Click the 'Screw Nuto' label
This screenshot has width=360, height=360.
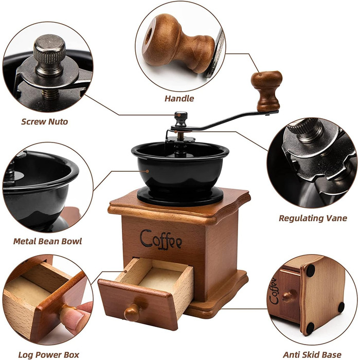tap(45, 121)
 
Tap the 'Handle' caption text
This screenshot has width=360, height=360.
tap(179, 99)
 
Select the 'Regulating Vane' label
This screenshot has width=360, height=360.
tap(313, 218)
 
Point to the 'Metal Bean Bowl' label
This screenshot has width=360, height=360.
tap(47, 241)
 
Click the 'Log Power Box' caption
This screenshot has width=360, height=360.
tap(49, 355)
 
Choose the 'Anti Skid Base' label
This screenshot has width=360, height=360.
tap(312, 354)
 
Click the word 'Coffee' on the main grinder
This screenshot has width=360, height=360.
tap(161, 240)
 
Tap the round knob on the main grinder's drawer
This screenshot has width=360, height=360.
tap(132, 312)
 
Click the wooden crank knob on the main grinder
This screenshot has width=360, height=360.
tap(267, 91)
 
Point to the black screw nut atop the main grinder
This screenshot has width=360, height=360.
tap(181, 119)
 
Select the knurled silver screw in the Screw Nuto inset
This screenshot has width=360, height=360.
tap(49, 56)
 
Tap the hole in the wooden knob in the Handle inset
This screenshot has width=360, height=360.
tap(148, 36)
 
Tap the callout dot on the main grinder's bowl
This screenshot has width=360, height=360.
tap(148, 171)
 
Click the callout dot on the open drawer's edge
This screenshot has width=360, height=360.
tap(126, 272)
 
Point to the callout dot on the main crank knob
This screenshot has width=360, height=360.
tap(260, 74)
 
